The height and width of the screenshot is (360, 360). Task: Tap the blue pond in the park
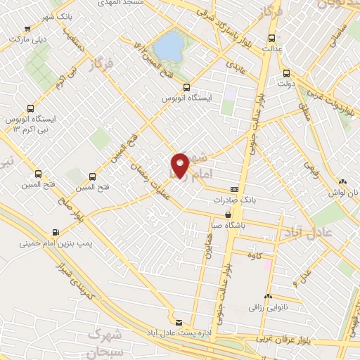click(168, 46)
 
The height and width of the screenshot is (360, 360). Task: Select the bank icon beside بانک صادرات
click(233, 189)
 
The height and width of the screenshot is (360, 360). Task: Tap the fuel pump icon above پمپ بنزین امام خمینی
click(56, 232)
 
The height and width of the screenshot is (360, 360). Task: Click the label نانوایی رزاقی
click(267, 307)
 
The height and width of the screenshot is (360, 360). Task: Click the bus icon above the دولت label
click(285, 73)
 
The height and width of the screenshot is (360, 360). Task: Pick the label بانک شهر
click(39, 18)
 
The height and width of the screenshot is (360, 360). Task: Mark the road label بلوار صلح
click(72, 214)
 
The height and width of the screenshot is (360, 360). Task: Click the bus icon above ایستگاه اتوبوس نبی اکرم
click(30, 108)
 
